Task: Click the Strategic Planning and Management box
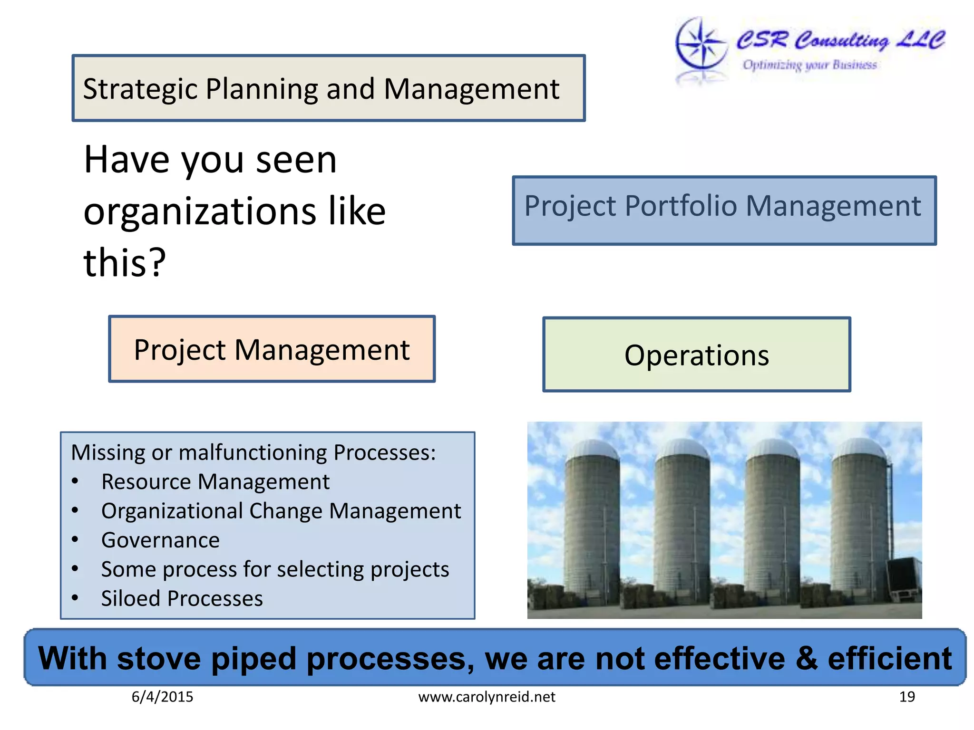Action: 328,88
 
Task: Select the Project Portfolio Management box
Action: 724,211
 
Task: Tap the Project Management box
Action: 272,349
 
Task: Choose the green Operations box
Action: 696,355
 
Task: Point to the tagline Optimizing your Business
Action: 809,65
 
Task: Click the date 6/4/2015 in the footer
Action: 162,697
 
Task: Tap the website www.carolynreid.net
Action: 487,697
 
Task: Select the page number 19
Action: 907,697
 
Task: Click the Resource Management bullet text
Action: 215,482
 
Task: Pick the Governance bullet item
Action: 160,540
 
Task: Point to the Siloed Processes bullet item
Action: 182,598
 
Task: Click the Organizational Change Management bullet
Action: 281,511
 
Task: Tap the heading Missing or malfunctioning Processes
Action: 253,452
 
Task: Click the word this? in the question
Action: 125,262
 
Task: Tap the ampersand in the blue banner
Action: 806,659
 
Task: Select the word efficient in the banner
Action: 889,659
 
